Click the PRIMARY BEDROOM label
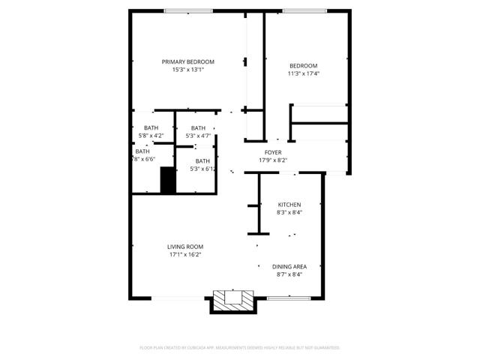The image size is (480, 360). click(x=188, y=61)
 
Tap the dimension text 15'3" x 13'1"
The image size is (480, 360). click(x=188, y=70)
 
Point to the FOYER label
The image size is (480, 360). click(x=273, y=152)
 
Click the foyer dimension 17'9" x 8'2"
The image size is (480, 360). click(x=273, y=160)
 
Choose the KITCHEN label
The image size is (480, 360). click(x=289, y=205)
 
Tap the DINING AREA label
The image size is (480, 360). click(x=289, y=267)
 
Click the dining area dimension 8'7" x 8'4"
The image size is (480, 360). click(x=289, y=275)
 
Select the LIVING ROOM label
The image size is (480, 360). click(x=185, y=247)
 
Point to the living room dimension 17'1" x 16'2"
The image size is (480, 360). click(x=185, y=255)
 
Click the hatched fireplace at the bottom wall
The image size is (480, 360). click(x=232, y=299)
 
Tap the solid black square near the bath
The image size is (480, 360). click(x=168, y=181)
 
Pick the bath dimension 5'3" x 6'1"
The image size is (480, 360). click(x=203, y=169)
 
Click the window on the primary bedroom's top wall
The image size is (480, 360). click(x=187, y=10)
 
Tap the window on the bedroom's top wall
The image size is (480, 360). click(x=304, y=10)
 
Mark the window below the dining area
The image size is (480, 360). click(x=289, y=298)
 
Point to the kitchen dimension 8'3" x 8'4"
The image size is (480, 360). click(x=289, y=213)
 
